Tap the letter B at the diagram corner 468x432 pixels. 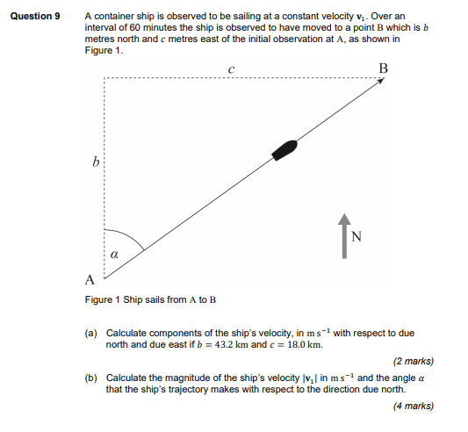tap(383, 68)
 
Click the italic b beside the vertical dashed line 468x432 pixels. tap(95, 162)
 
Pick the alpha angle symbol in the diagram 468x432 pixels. tap(115, 254)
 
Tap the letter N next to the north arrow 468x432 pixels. tap(355, 235)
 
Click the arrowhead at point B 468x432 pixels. tap(381, 81)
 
